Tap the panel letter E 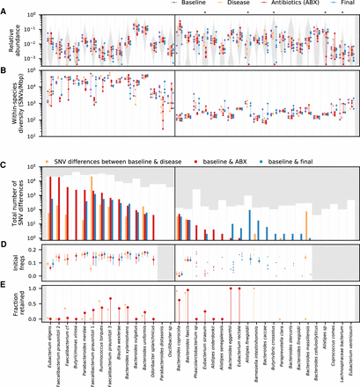pos(5,285)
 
